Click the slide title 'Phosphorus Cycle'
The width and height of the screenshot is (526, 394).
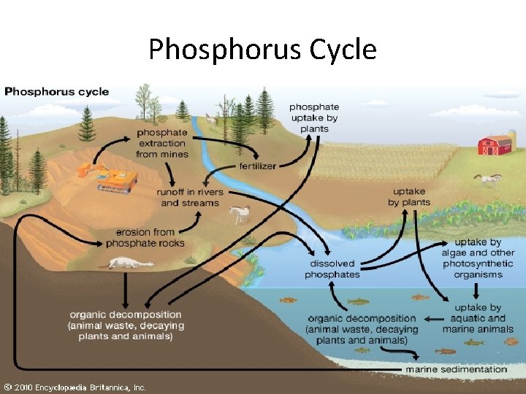click(x=262, y=50)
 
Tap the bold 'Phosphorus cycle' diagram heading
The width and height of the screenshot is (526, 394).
click(x=57, y=92)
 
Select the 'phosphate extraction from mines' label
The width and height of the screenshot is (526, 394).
click(x=161, y=144)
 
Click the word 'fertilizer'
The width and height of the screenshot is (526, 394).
click(x=257, y=166)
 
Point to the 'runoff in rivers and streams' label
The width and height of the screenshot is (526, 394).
click(x=190, y=197)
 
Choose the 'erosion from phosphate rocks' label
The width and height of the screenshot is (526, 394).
click(x=150, y=238)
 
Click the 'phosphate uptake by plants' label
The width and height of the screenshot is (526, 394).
click(x=314, y=117)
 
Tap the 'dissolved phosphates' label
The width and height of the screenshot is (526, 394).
click(x=332, y=269)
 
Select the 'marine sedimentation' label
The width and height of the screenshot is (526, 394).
click(x=456, y=369)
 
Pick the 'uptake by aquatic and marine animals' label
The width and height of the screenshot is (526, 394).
click(x=479, y=318)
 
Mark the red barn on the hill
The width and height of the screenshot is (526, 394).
click(x=495, y=144)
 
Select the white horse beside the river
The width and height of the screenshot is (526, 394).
click(x=240, y=214)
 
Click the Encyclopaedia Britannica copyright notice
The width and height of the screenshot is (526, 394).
click(x=74, y=387)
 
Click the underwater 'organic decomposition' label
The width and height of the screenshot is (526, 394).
click(x=362, y=329)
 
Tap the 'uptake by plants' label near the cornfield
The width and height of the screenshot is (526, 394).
click(x=408, y=197)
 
